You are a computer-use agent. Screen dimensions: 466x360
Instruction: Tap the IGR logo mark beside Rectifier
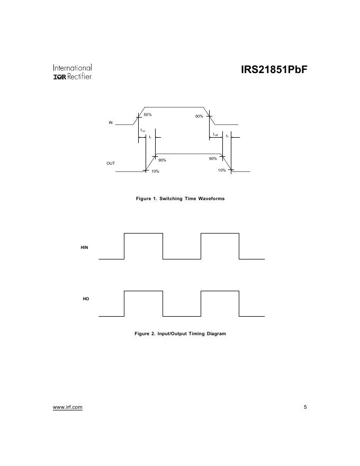coord(59,77)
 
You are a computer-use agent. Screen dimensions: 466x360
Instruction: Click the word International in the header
coord(73,68)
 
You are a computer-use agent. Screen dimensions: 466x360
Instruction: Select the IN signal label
coord(111,122)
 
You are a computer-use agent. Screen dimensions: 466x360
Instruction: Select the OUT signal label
coord(111,163)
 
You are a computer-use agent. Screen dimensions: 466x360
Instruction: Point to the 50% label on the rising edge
coord(148,115)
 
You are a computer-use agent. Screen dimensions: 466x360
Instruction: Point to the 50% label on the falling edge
coord(199,116)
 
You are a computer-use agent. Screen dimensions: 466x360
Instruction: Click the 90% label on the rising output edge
coord(162,160)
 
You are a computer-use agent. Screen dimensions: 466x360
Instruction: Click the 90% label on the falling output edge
coord(213,159)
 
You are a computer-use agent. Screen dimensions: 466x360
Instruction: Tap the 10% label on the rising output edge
coord(155,171)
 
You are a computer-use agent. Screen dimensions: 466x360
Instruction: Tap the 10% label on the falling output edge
coord(222,170)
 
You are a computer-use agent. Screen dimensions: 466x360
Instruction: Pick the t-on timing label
coord(143,130)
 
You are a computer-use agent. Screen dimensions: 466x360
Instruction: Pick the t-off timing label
coord(215,135)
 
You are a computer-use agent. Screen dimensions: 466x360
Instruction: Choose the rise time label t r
coord(150,137)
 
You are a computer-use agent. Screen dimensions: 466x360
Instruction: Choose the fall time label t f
coord(227,136)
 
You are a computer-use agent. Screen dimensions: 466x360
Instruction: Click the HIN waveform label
coord(84,247)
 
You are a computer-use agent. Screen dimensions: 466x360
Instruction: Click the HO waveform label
coord(86,299)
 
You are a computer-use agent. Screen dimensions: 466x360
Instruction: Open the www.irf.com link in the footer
coord(68,407)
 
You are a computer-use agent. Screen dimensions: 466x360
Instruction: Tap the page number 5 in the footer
coord(305,407)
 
